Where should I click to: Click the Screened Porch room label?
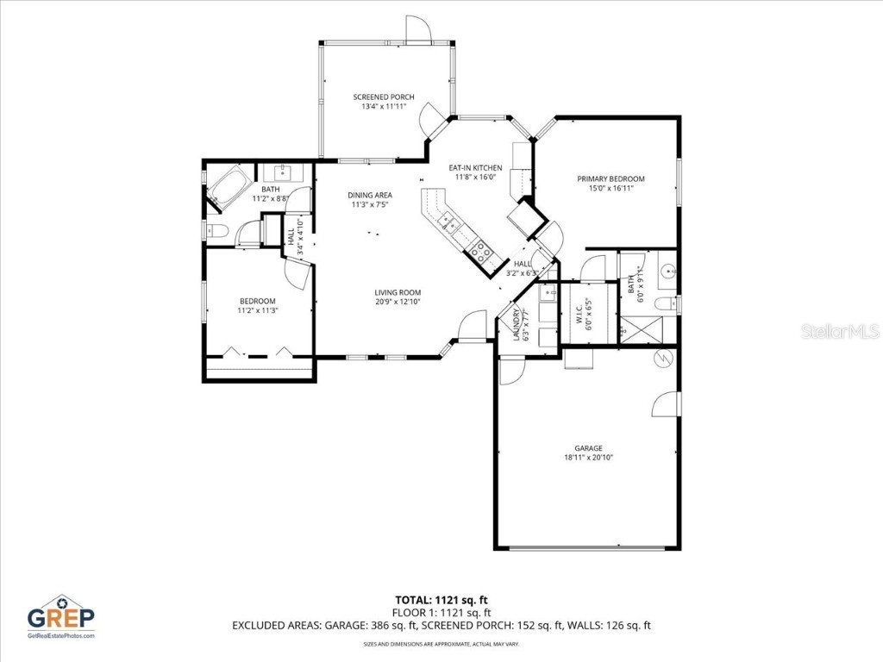click(384, 97)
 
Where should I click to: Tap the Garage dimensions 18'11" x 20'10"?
click(589, 458)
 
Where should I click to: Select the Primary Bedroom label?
click(611, 179)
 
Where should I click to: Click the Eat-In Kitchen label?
click(475, 168)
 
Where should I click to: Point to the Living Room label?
click(398, 292)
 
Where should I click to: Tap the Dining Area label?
click(370, 195)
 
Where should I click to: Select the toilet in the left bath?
click(216, 230)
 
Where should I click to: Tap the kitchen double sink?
click(451, 224)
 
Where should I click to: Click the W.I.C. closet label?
click(591, 315)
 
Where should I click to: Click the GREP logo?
click(61, 615)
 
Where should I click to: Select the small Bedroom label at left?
click(257, 301)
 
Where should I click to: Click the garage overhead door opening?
click(589, 548)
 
